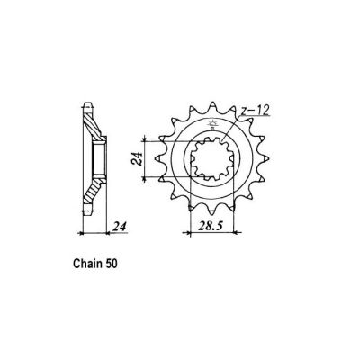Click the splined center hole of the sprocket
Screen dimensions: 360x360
212,164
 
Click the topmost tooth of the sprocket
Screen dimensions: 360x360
213,102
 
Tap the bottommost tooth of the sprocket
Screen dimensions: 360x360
213,226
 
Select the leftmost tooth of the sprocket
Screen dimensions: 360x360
152,164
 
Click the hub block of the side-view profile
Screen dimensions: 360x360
101,163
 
